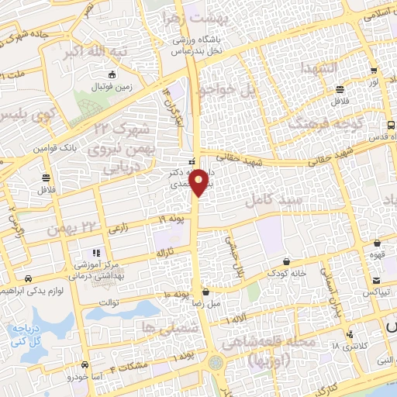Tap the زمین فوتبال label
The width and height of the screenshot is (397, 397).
point(114,87)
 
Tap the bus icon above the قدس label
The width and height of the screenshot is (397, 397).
point(390,124)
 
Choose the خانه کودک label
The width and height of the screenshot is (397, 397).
point(287,274)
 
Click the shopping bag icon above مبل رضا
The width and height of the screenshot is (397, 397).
point(205,292)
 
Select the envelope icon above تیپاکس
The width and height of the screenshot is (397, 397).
point(375,280)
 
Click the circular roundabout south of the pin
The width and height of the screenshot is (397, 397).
point(216,361)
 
